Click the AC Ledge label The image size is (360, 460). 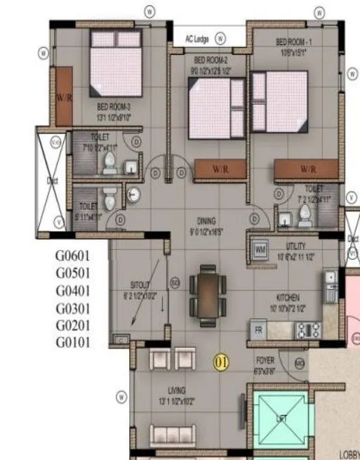(x=198, y=39)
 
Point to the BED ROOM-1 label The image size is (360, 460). (x=295, y=41)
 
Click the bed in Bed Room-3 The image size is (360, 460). (x=116, y=63)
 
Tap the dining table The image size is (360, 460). (x=208, y=290)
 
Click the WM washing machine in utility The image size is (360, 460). (x=260, y=249)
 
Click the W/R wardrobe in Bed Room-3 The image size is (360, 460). (x=63, y=97)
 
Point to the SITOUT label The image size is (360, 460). (x=139, y=287)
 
